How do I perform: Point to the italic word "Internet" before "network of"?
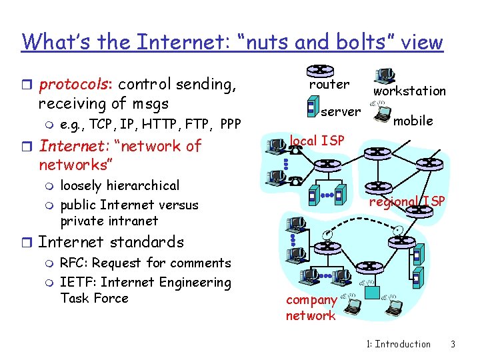(x=68, y=146)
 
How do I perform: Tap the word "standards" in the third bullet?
(x=148, y=242)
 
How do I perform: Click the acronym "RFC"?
(x=73, y=263)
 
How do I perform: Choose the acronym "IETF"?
(x=75, y=282)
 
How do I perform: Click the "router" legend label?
(x=329, y=85)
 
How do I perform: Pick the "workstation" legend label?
(x=409, y=91)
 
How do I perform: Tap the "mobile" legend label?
(x=413, y=121)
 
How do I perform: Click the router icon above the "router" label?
(x=320, y=71)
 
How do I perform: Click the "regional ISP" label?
(x=407, y=202)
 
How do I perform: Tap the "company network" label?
(x=311, y=308)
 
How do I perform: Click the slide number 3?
(x=453, y=344)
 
